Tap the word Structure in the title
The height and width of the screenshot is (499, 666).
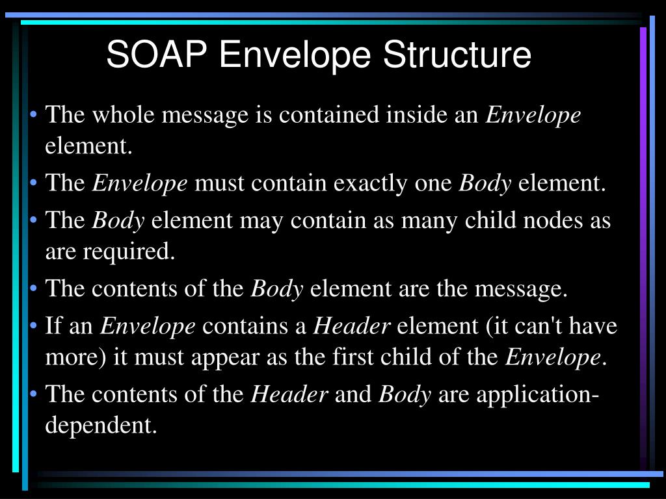click(x=457, y=55)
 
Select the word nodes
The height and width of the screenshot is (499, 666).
click(x=551, y=220)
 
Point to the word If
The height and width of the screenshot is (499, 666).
click(x=53, y=326)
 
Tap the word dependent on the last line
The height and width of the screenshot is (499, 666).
click(x=101, y=426)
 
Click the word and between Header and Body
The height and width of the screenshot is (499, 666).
click(x=353, y=394)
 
